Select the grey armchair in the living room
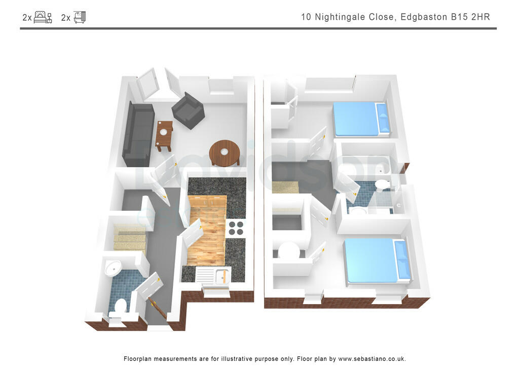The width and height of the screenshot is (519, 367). pos(188,111)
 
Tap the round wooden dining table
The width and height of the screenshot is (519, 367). pos(225,152)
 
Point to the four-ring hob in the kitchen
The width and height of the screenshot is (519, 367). pos(235,228)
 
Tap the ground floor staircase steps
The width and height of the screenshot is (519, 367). pos(129,238)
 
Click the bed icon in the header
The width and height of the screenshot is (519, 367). pos(43,17)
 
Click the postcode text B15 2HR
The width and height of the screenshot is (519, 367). pos(470,17)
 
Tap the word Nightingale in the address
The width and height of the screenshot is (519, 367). pos(354,17)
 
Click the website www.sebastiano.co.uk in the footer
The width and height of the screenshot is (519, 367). pos(372,358)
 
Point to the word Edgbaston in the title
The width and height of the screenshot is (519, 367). pos(424,17)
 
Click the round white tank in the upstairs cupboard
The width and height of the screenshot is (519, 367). pos(289,251)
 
